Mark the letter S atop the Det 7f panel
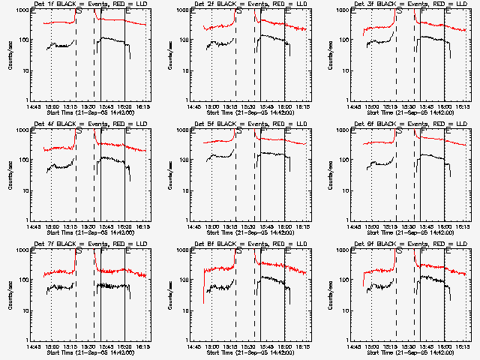click(78, 250)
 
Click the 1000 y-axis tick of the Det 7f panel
click(23, 250)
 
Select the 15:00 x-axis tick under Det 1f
click(51, 106)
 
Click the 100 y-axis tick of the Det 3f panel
click(346, 40)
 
